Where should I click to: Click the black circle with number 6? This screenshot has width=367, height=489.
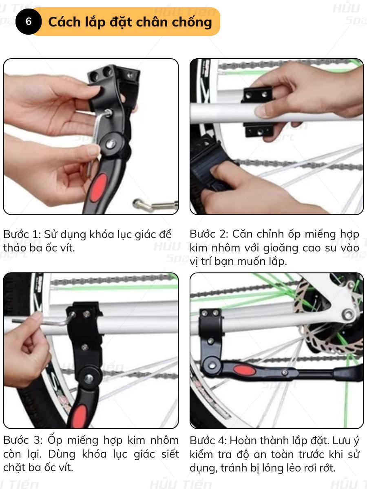pos(29,22)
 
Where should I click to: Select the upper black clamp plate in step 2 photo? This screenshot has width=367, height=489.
pos(258,95)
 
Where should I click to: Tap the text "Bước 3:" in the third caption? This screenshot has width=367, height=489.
pos(23,440)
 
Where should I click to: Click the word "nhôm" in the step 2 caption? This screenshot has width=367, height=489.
pos(224,248)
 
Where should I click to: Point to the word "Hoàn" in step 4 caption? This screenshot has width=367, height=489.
pos(243,440)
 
